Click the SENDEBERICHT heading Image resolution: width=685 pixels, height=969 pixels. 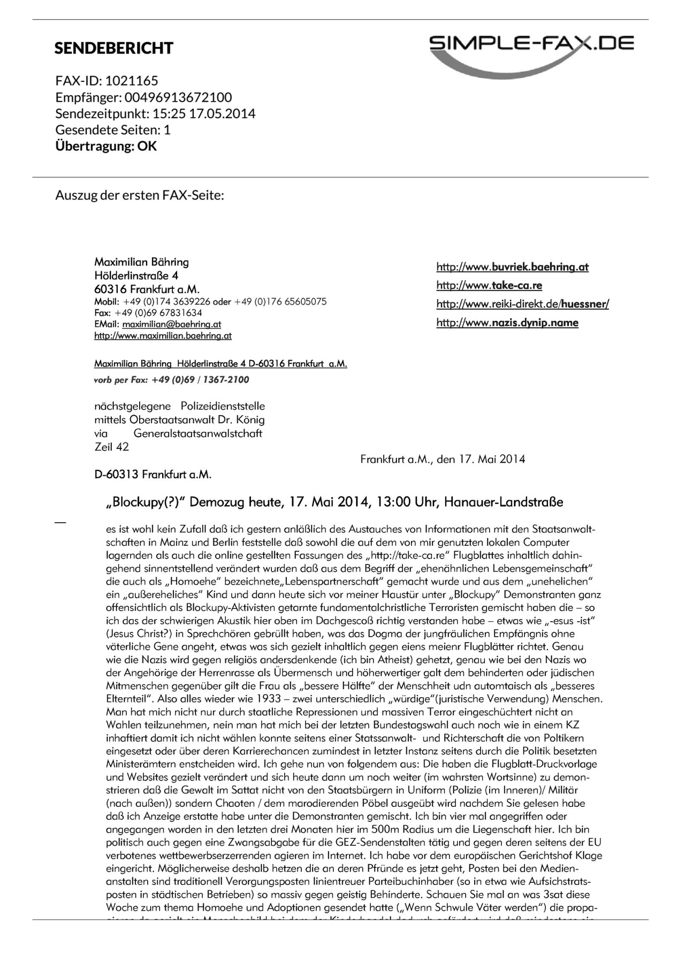click(x=113, y=48)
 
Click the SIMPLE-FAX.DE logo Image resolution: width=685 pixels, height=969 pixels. click(x=531, y=50)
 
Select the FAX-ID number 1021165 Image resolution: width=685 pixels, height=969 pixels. click(x=131, y=81)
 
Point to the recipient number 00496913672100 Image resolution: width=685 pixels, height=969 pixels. click(x=178, y=97)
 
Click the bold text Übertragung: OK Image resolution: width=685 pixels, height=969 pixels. click(x=106, y=146)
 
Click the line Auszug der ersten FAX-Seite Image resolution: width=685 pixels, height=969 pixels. click(x=139, y=195)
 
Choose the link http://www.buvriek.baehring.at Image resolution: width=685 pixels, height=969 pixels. click(x=512, y=267)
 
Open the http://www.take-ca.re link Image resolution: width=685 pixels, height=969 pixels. click(x=489, y=286)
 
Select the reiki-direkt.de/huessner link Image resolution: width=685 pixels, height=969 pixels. click(x=522, y=304)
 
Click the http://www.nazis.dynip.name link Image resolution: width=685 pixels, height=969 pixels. click(x=507, y=323)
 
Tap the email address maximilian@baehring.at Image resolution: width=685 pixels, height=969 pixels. click(x=171, y=324)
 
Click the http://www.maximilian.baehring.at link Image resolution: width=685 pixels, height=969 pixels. click(x=163, y=336)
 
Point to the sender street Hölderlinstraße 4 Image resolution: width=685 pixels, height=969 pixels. click(x=136, y=276)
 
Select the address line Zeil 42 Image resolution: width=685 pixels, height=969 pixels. click(x=111, y=447)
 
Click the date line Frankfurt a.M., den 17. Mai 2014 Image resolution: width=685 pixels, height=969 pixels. click(x=443, y=459)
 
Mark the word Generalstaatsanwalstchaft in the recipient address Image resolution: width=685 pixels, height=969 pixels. click(x=197, y=433)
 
